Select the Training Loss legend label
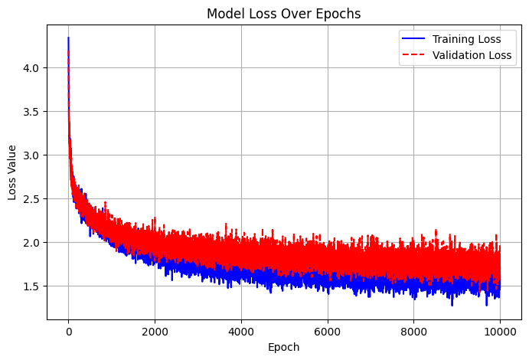(x=468, y=39)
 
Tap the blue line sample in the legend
(x=413, y=39)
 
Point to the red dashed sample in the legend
(x=413, y=54)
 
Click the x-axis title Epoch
(x=285, y=347)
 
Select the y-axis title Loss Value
(x=13, y=172)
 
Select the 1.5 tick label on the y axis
(x=32, y=286)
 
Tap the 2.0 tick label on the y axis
(x=32, y=243)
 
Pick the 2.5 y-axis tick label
(x=32, y=199)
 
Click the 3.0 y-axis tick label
(x=32, y=155)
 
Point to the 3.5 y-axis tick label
(x=32, y=112)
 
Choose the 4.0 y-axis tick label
(x=32, y=68)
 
